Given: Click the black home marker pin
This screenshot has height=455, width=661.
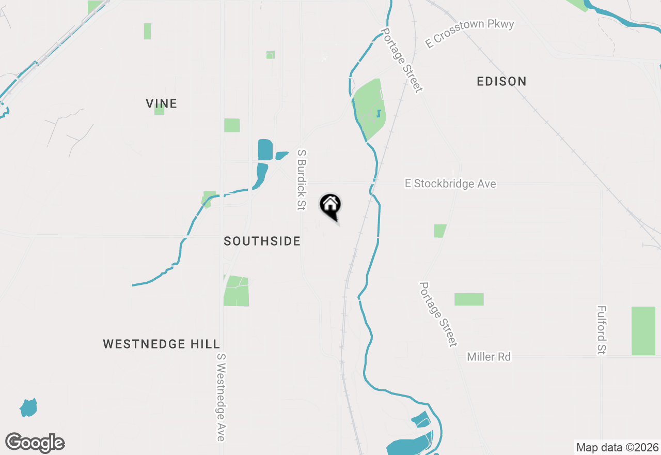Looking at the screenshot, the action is (330, 205).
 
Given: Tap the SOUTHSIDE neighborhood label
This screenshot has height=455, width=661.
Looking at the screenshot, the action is (262, 241).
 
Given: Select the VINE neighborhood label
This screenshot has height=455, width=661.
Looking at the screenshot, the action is (162, 103).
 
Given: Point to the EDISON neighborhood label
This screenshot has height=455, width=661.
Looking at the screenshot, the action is (501, 81).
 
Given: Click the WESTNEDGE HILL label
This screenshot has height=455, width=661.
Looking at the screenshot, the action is (161, 344).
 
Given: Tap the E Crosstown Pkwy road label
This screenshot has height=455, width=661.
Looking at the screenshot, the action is (469, 33).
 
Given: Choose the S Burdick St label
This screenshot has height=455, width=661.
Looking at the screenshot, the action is (302, 180).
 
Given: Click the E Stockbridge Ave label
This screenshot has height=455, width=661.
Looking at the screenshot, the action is (450, 184).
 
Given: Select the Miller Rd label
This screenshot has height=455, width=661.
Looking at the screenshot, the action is (489, 357).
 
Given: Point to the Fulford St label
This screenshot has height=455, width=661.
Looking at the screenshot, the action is (601, 330).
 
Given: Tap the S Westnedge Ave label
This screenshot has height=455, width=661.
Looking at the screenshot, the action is (221, 397).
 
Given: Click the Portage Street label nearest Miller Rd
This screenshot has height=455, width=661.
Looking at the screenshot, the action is (438, 314).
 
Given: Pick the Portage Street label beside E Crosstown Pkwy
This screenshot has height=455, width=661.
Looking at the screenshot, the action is (402, 60).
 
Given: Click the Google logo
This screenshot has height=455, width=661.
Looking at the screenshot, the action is (35, 443).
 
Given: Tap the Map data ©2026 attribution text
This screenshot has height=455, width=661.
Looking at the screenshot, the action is (617, 448).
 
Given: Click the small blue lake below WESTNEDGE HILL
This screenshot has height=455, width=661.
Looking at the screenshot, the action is (28, 407).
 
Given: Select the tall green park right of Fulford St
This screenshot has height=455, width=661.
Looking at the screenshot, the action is (643, 331).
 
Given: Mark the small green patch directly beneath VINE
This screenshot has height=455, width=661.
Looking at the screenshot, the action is (159, 110).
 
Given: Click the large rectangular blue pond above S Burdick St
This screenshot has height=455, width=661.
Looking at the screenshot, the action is (265, 149).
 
